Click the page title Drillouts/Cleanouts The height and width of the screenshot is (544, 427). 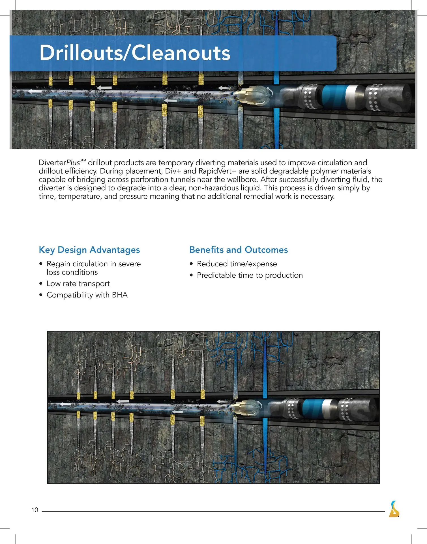coord(135,53)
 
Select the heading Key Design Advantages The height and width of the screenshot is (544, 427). coord(89,250)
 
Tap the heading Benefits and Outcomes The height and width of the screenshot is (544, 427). coord(238,250)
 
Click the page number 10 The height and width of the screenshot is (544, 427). coord(35,510)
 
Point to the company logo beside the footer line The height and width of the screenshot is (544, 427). coord(394,509)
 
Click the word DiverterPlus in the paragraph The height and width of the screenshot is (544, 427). coord(59,163)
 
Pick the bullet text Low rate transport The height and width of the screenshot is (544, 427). coord(78,284)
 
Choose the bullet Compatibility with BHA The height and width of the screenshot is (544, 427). coord(87,295)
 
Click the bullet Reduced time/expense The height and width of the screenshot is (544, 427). coord(237,264)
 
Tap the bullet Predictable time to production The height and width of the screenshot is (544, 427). coord(250,275)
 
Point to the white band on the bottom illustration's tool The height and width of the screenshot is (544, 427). coord(327,409)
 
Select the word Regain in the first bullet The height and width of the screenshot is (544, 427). coord(58,264)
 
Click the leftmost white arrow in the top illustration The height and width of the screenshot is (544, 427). coord(34,92)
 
